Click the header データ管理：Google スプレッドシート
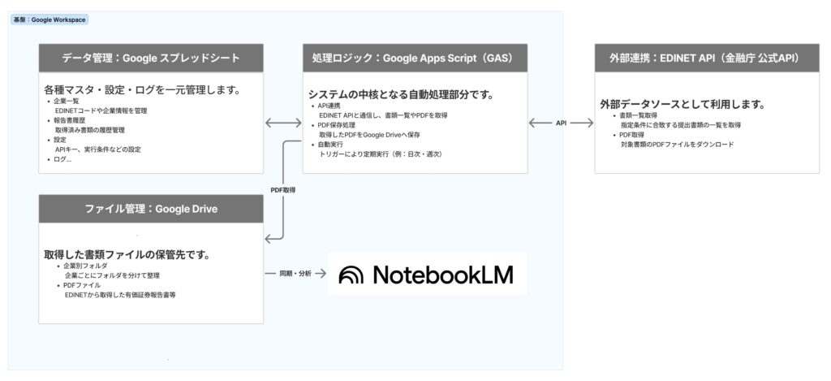pyautogui.click(x=151, y=58)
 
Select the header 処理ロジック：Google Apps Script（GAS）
pyautogui.click(x=415, y=58)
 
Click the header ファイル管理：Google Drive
pyautogui.click(x=151, y=209)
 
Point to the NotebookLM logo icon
pyautogui.click(x=352, y=275)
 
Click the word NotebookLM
pyautogui.click(x=443, y=275)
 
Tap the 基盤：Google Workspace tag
pyautogui.click(x=50, y=19)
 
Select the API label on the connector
pyautogui.click(x=561, y=123)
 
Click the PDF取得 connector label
pyautogui.click(x=282, y=189)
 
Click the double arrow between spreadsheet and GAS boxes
pyautogui.click(x=283, y=123)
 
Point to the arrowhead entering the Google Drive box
pyautogui.click(x=269, y=239)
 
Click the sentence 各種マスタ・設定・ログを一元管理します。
pyautogui.click(x=141, y=89)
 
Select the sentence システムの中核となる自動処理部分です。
pyautogui.click(x=401, y=94)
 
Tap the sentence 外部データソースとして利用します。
pyautogui.click(x=682, y=104)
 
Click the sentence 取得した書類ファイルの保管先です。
pyautogui.click(x=127, y=254)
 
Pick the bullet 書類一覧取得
pyautogui.click(x=638, y=116)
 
